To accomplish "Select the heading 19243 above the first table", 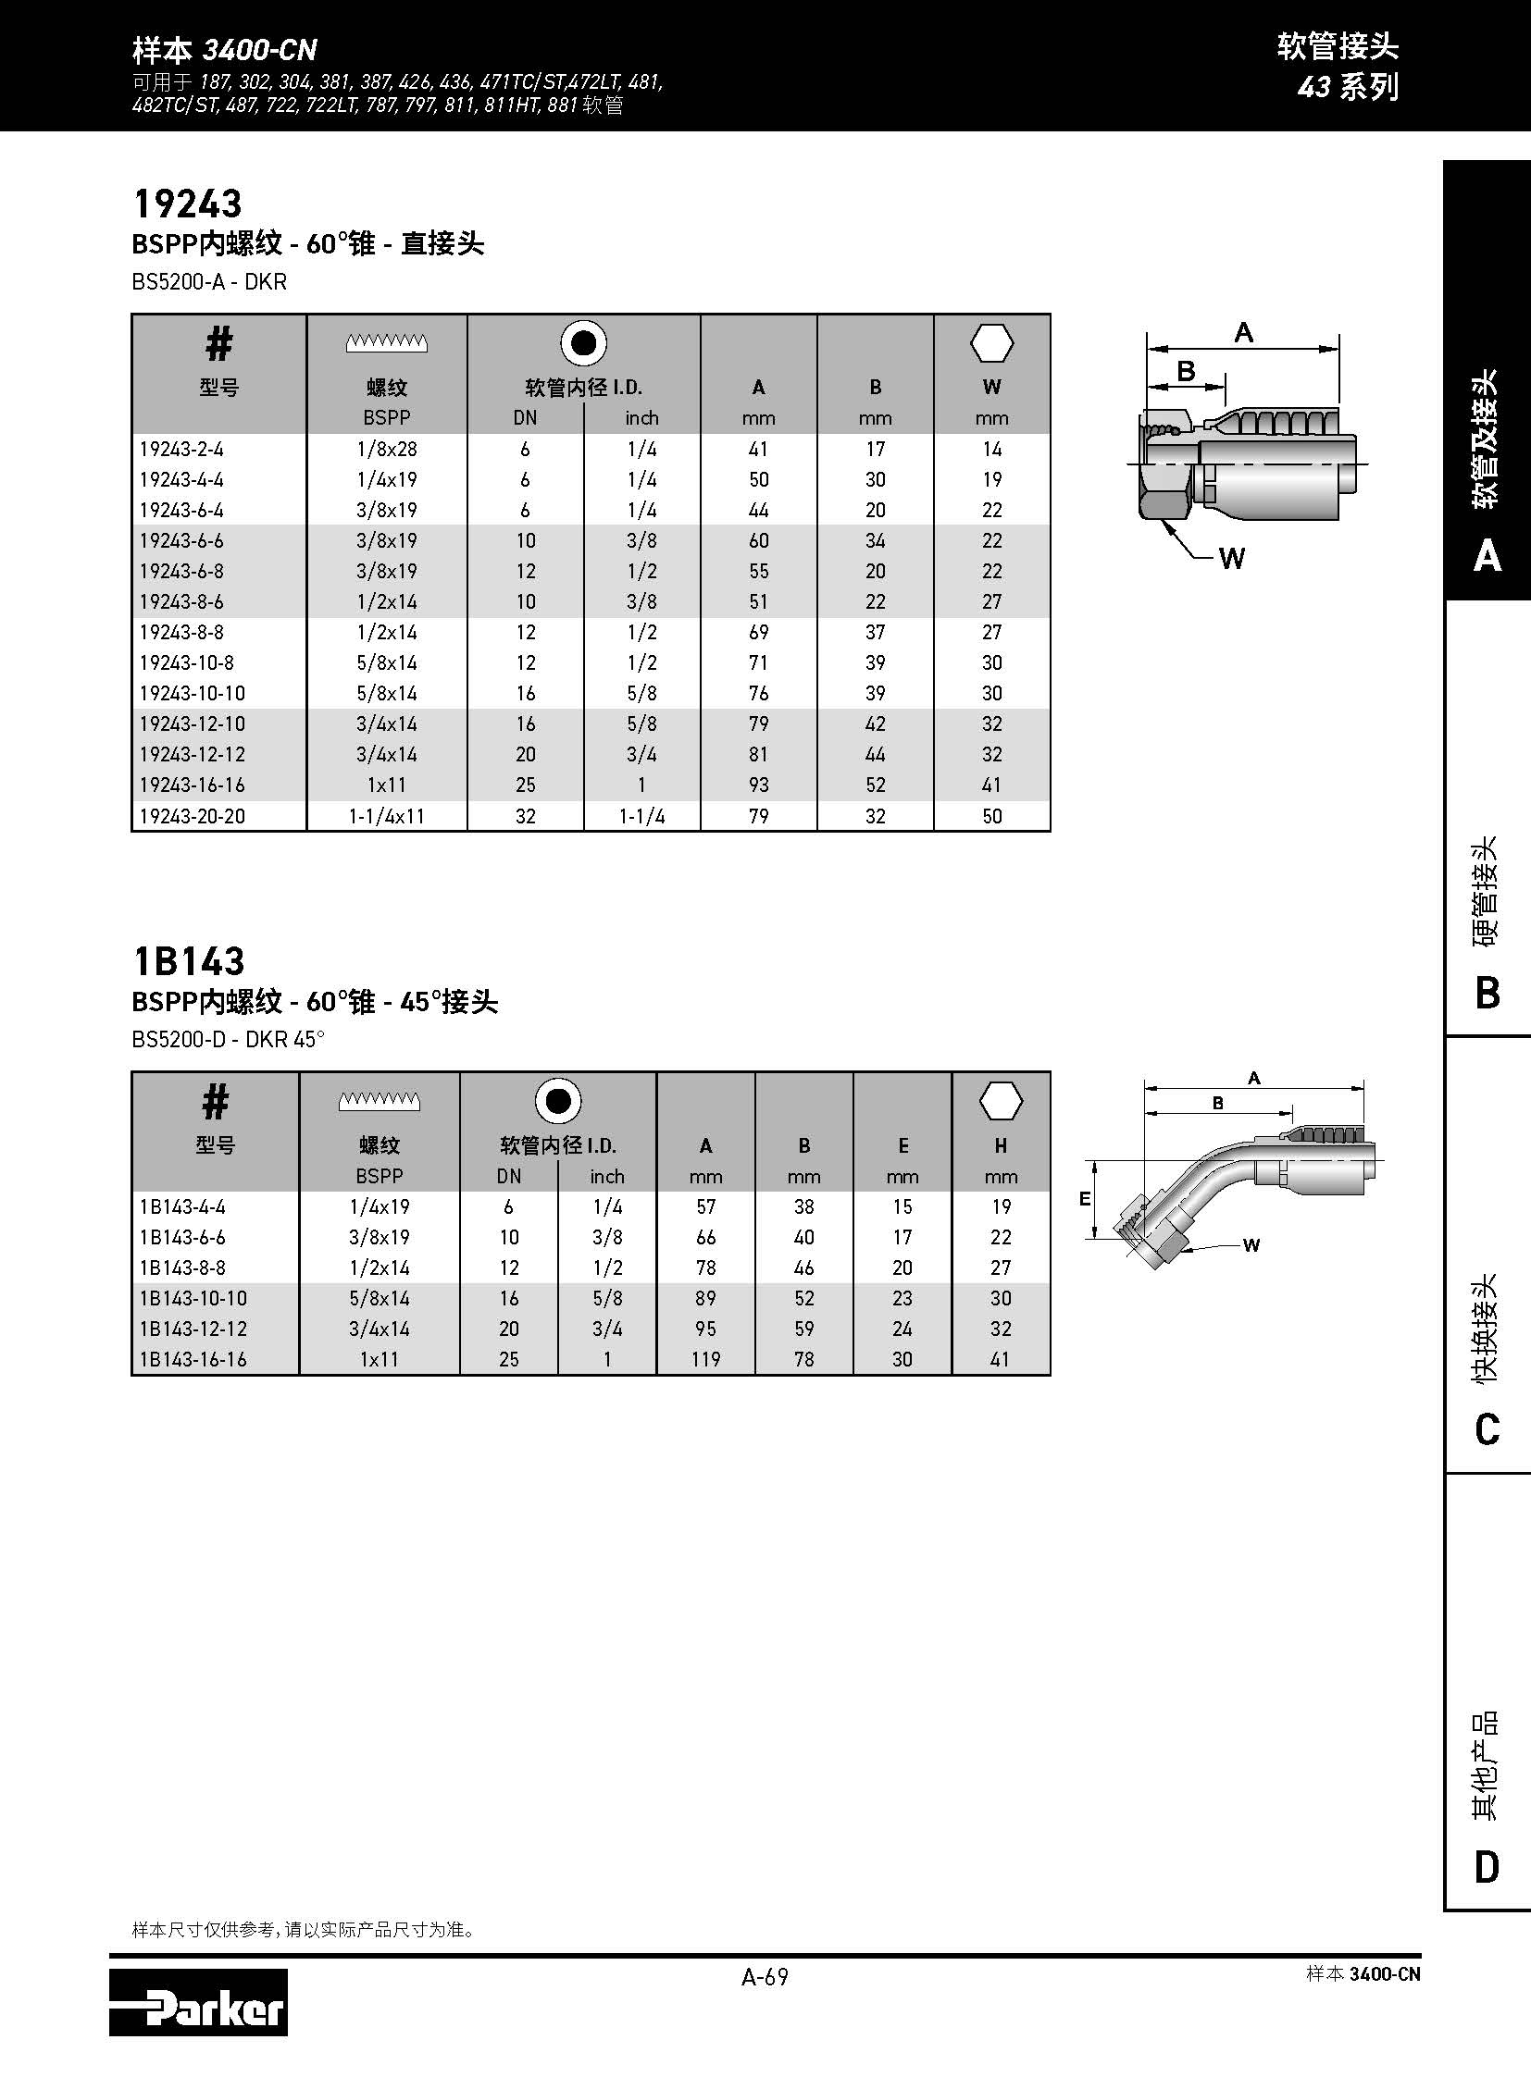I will [188, 204].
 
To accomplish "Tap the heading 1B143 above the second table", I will [189, 960].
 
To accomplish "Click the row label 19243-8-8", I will [180, 632].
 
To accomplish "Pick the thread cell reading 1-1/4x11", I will [387, 816].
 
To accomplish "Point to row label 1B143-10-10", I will [193, 1298].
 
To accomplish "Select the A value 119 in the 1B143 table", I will [705, 1359].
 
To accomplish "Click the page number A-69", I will [765, 1977].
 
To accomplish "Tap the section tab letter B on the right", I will [1487, 992].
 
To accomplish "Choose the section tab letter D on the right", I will [1487, 1867].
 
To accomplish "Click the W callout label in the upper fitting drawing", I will [1232, 558].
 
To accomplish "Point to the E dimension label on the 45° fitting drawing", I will [1084, 1199].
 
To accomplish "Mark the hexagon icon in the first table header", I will [991, 343].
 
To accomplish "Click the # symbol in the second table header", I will [215, 1102].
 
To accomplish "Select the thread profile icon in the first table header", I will [387, 342].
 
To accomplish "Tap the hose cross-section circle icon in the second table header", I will [558, 1102].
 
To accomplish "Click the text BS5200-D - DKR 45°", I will [228, 1040].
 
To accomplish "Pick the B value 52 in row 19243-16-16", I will [875, 785].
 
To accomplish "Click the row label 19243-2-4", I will [180, 450].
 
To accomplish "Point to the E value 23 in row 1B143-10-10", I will [902, 1298].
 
